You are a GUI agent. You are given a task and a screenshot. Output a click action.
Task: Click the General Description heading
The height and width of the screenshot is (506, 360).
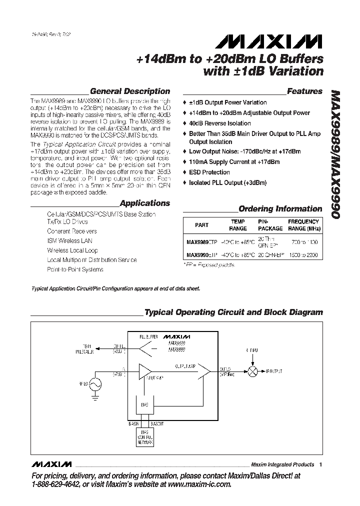pos(129,91)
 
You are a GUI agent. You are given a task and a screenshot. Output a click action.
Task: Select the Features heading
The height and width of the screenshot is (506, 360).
pos(304,91)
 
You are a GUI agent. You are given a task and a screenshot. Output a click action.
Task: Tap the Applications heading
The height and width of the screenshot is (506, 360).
pos(145,203)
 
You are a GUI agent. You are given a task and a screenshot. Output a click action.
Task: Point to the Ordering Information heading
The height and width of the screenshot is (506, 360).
pos(280,209)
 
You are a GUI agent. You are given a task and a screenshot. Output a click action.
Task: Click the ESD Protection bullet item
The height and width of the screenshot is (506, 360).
pos(209,172)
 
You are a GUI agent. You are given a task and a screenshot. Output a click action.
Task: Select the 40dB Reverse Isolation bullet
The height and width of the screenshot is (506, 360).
pos(219,123)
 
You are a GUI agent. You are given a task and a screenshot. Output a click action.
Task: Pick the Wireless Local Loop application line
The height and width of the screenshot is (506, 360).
pos(72,250)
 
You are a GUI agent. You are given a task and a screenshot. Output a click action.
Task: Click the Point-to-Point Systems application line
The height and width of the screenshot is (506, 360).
pos(75,269)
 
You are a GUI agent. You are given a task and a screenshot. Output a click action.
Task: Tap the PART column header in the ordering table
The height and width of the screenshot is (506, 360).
pos(201,225)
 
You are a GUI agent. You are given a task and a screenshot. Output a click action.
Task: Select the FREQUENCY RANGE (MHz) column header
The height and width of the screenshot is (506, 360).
pos(303,225)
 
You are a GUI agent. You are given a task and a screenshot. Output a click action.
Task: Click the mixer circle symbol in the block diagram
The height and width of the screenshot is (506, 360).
pos(254,371)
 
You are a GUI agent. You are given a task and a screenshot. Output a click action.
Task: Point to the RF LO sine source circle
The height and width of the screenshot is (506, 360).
pos(94,384)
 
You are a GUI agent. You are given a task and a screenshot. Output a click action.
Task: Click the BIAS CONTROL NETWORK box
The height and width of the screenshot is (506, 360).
pos(144,438)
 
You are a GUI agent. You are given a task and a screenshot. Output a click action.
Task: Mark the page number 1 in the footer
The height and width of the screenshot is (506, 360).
pos(320,464)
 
